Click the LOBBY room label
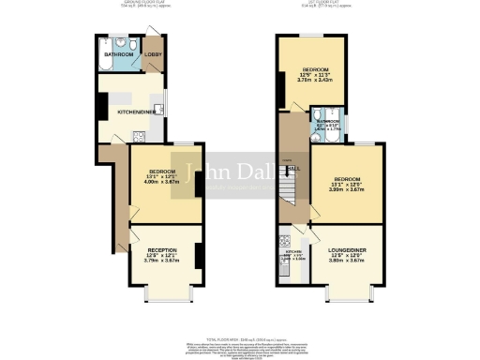152,55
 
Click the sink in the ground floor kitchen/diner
160,110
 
